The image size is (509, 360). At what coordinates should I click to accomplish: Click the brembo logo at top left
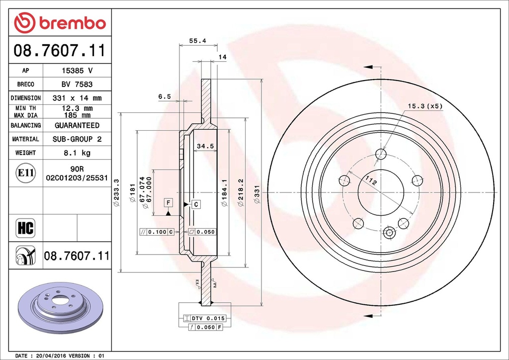point(60,22)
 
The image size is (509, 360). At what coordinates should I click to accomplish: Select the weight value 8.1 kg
point(77,153)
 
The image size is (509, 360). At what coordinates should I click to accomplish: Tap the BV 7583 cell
point(77,85)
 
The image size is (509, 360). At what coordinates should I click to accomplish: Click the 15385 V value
point(77,71)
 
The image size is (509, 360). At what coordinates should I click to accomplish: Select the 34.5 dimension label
point(205,146)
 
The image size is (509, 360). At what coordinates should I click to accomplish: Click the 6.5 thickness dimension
point(165,97)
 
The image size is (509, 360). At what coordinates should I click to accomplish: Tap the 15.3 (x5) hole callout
point(425,106)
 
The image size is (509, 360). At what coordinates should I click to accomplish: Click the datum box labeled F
point(169,202)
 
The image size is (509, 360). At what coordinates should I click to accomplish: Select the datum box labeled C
point(196,204)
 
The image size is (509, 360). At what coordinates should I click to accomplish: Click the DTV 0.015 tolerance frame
point(205,318)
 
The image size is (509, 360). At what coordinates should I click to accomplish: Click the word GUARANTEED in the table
point(77,125)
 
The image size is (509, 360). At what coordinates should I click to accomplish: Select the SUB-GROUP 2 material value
point(77,139)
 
